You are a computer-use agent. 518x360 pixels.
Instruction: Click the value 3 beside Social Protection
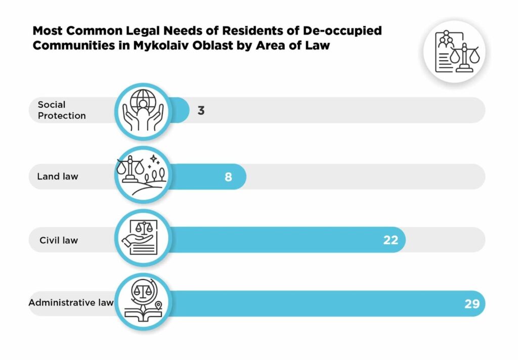pyautogui.click(x=201, y=110)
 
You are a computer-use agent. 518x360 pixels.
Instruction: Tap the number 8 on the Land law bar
pyautogui.click(x=228, y=177)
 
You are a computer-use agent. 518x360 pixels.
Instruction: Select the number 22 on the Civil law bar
pyautogui.click(x=391, y=240)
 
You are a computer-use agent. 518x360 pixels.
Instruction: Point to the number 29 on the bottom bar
pyautogui.click(x=471, y=304)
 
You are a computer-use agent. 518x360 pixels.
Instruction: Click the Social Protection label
pyautogui.click(x=62, y=110)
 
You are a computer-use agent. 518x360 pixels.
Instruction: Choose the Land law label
pyautogui.click(x=58, y=177)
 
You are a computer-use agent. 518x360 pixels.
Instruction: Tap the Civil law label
pyautogui.click(x=59, y=240)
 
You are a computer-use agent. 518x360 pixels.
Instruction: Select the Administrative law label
pyautogui.click(x=71, y=303)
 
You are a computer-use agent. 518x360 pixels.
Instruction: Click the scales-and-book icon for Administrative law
pyautogui.click(x=142, y=302)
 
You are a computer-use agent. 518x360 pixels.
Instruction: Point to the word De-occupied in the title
pyautogui.click(x=345, y=30)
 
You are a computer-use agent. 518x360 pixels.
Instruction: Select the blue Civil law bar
pyautogui.click(x=283, y=240)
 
